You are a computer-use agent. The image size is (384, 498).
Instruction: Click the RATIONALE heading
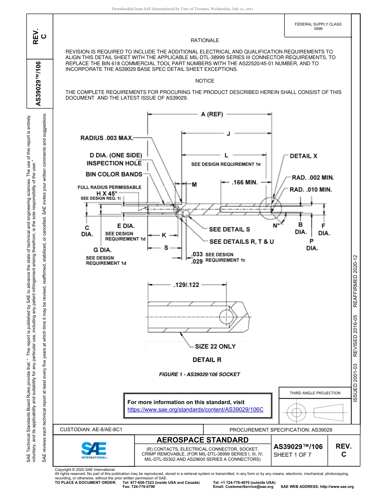(205, 40)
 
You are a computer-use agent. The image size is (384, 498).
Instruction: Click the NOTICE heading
(205, 81)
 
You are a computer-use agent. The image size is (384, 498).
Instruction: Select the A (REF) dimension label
(212, 114)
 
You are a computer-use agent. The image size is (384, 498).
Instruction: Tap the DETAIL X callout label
(304, 156)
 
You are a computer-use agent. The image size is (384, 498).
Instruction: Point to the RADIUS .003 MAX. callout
(107, 138)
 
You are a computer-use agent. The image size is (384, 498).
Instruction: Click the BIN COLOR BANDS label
(114, 174)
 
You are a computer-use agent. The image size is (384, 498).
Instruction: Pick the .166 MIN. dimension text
(245, 183)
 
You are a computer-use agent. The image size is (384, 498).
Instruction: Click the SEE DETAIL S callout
(229, 230)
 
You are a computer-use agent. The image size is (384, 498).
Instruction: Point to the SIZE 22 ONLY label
(215, 347)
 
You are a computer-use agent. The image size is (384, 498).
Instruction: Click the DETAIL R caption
(207, 360)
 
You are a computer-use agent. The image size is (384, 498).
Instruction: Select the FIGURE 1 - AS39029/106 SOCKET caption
(200, 375)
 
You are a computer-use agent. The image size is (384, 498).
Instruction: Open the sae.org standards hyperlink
(195, 410)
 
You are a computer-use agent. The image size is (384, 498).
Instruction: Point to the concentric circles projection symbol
(297, 413)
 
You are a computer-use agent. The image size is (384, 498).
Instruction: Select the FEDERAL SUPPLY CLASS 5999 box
(318, 26)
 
